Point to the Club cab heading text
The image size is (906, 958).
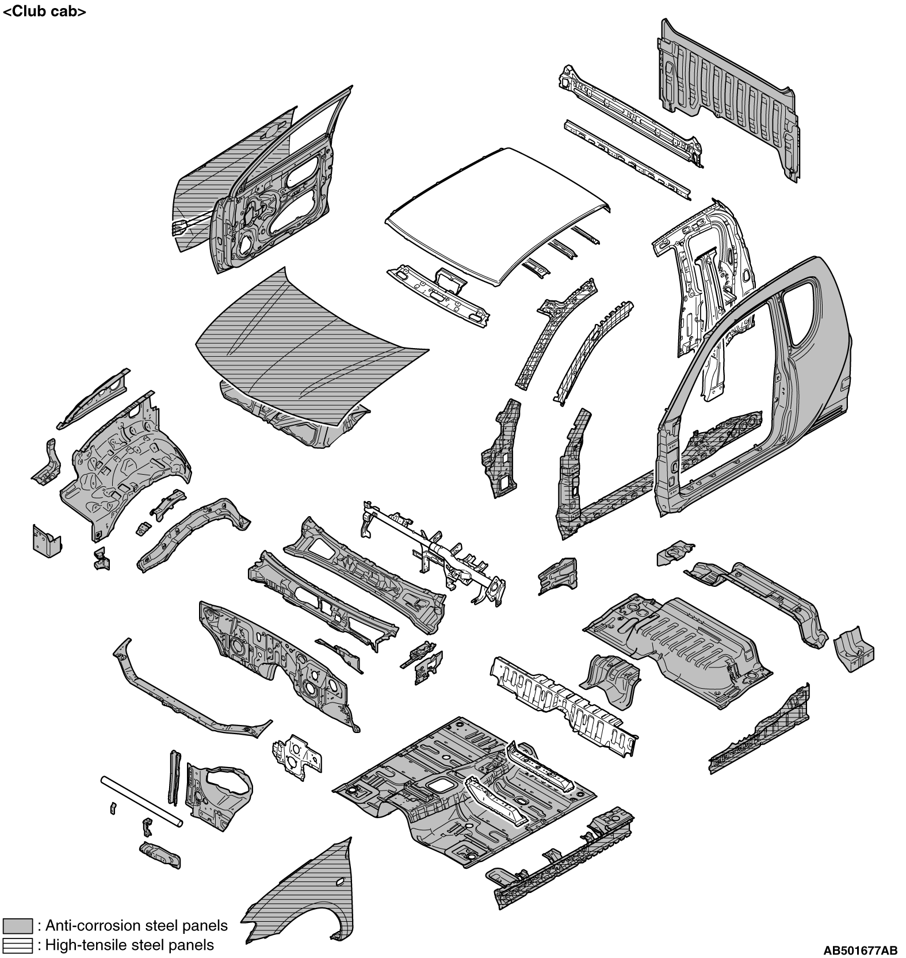pyautogui.click(x=45, y=11)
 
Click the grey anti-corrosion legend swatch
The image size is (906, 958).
pyautogui.click(x=17, y=926)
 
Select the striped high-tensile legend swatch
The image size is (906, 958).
pyautogui.click(x=17, y=945)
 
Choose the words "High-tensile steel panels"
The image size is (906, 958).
pyautogui.click(x=129, y=945)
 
